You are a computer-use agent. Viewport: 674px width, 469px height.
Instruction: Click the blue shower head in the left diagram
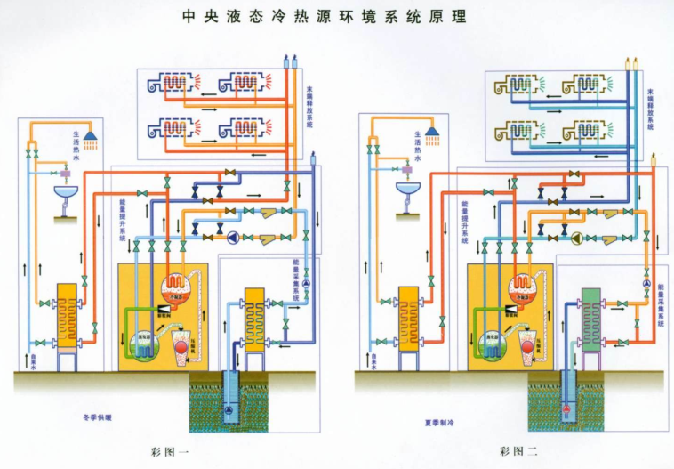pos(90,135)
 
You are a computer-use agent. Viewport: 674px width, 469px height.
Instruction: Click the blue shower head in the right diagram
pos(432,135)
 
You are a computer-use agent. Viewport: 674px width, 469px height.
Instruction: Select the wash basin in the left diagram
pos(63,193)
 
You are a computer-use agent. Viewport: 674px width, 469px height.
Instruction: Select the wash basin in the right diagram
pos(405,193)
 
